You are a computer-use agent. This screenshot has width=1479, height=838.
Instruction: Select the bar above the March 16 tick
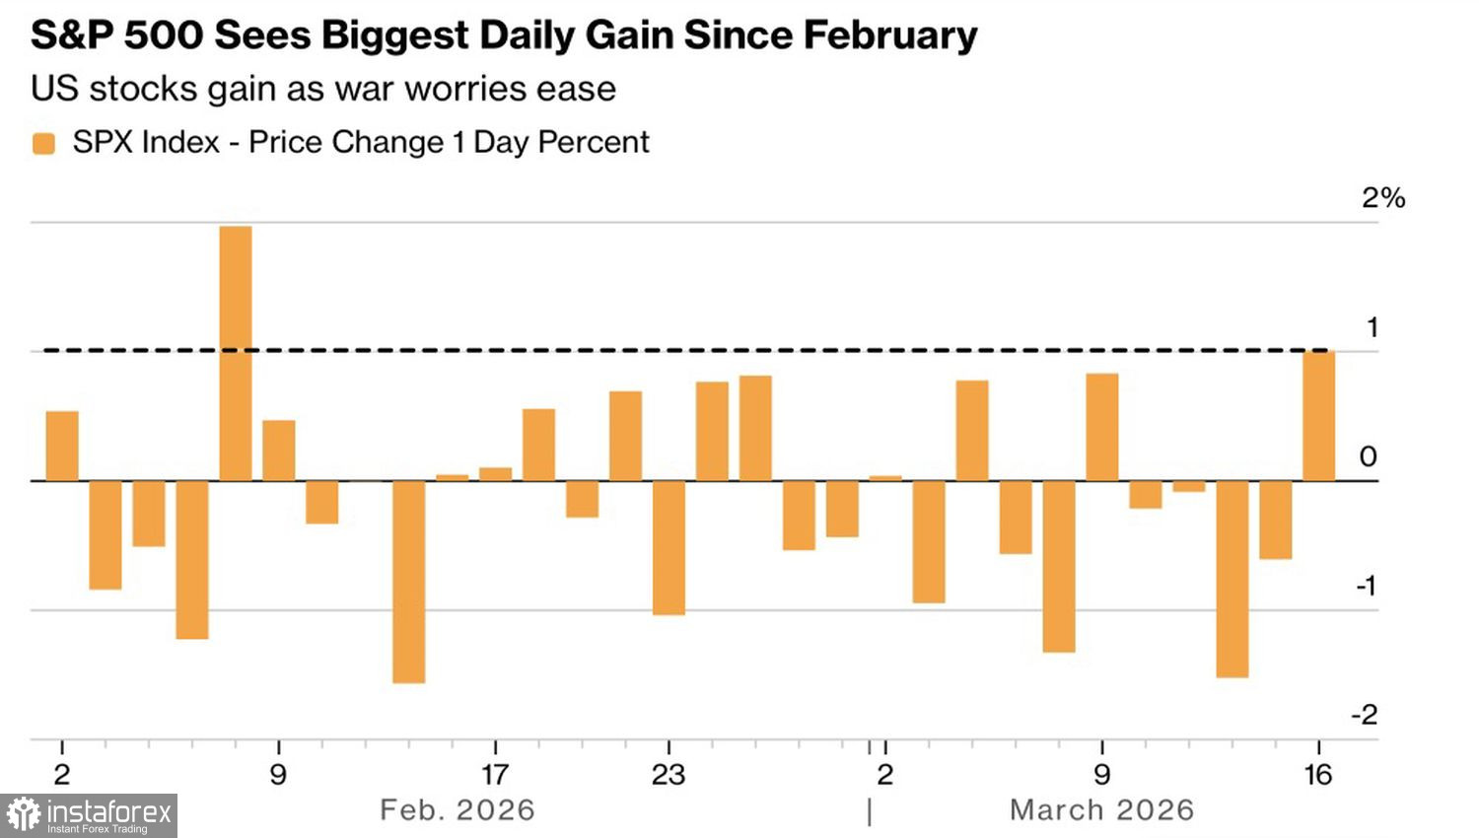click(1318, 416)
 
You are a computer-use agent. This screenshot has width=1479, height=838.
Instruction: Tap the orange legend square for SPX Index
click(43, 144)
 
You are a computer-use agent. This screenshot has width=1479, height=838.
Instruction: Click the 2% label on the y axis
click(1382, 198)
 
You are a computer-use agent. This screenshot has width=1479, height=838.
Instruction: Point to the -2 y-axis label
click(1365, 715)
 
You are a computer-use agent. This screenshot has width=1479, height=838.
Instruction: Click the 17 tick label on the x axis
click(495, 775)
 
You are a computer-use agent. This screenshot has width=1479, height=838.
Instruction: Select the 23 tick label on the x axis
click(669, 775)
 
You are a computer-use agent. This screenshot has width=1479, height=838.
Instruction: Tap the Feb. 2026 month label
click(458, 810)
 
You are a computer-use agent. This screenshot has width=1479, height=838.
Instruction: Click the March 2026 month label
click(1101, 810)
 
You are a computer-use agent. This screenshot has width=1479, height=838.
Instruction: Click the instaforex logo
click(89, 815)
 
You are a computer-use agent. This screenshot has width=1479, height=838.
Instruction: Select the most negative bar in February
click(408, 582)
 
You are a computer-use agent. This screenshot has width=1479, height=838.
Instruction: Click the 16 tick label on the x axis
click(1318, 775)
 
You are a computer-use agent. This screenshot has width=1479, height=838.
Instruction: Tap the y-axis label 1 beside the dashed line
click(1372, 327)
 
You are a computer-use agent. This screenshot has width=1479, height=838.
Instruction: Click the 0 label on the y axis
click(1368, 456)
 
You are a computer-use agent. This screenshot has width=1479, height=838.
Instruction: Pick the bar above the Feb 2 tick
click(62, 446)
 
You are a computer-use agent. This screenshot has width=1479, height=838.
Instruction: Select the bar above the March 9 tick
click(1101, 427)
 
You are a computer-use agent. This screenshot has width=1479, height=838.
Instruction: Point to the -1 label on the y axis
click(1366, 586)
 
